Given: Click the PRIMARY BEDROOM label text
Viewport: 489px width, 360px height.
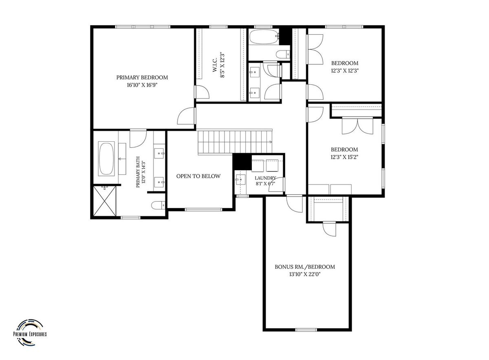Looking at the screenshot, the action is point(142,77).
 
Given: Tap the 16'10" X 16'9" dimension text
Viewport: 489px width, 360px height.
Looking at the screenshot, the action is point(142,85).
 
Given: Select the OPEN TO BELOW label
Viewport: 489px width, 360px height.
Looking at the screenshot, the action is point(198,176).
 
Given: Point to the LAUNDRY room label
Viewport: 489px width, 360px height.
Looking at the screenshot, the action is point(265,178).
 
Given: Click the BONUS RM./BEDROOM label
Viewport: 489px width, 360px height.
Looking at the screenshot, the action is point(305,267).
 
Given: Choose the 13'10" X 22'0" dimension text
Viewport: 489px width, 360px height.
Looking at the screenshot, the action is point(305,274).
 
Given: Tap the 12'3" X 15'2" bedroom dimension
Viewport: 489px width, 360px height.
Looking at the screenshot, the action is point(344,157).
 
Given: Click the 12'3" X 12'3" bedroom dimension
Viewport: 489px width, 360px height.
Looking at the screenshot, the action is point(345,71).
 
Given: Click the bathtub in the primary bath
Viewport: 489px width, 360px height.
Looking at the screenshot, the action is point(106,159).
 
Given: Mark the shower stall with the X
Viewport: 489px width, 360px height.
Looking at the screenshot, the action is point(105,201).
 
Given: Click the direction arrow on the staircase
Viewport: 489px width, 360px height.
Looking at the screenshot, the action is point(270,142).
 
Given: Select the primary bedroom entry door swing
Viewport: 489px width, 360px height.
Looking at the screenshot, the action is point(186,116).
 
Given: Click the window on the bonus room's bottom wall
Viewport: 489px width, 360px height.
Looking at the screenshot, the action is point(306,336).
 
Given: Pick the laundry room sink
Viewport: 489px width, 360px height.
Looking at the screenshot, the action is point(240,180).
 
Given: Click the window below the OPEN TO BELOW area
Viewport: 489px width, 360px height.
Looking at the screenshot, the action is point(203,210).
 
